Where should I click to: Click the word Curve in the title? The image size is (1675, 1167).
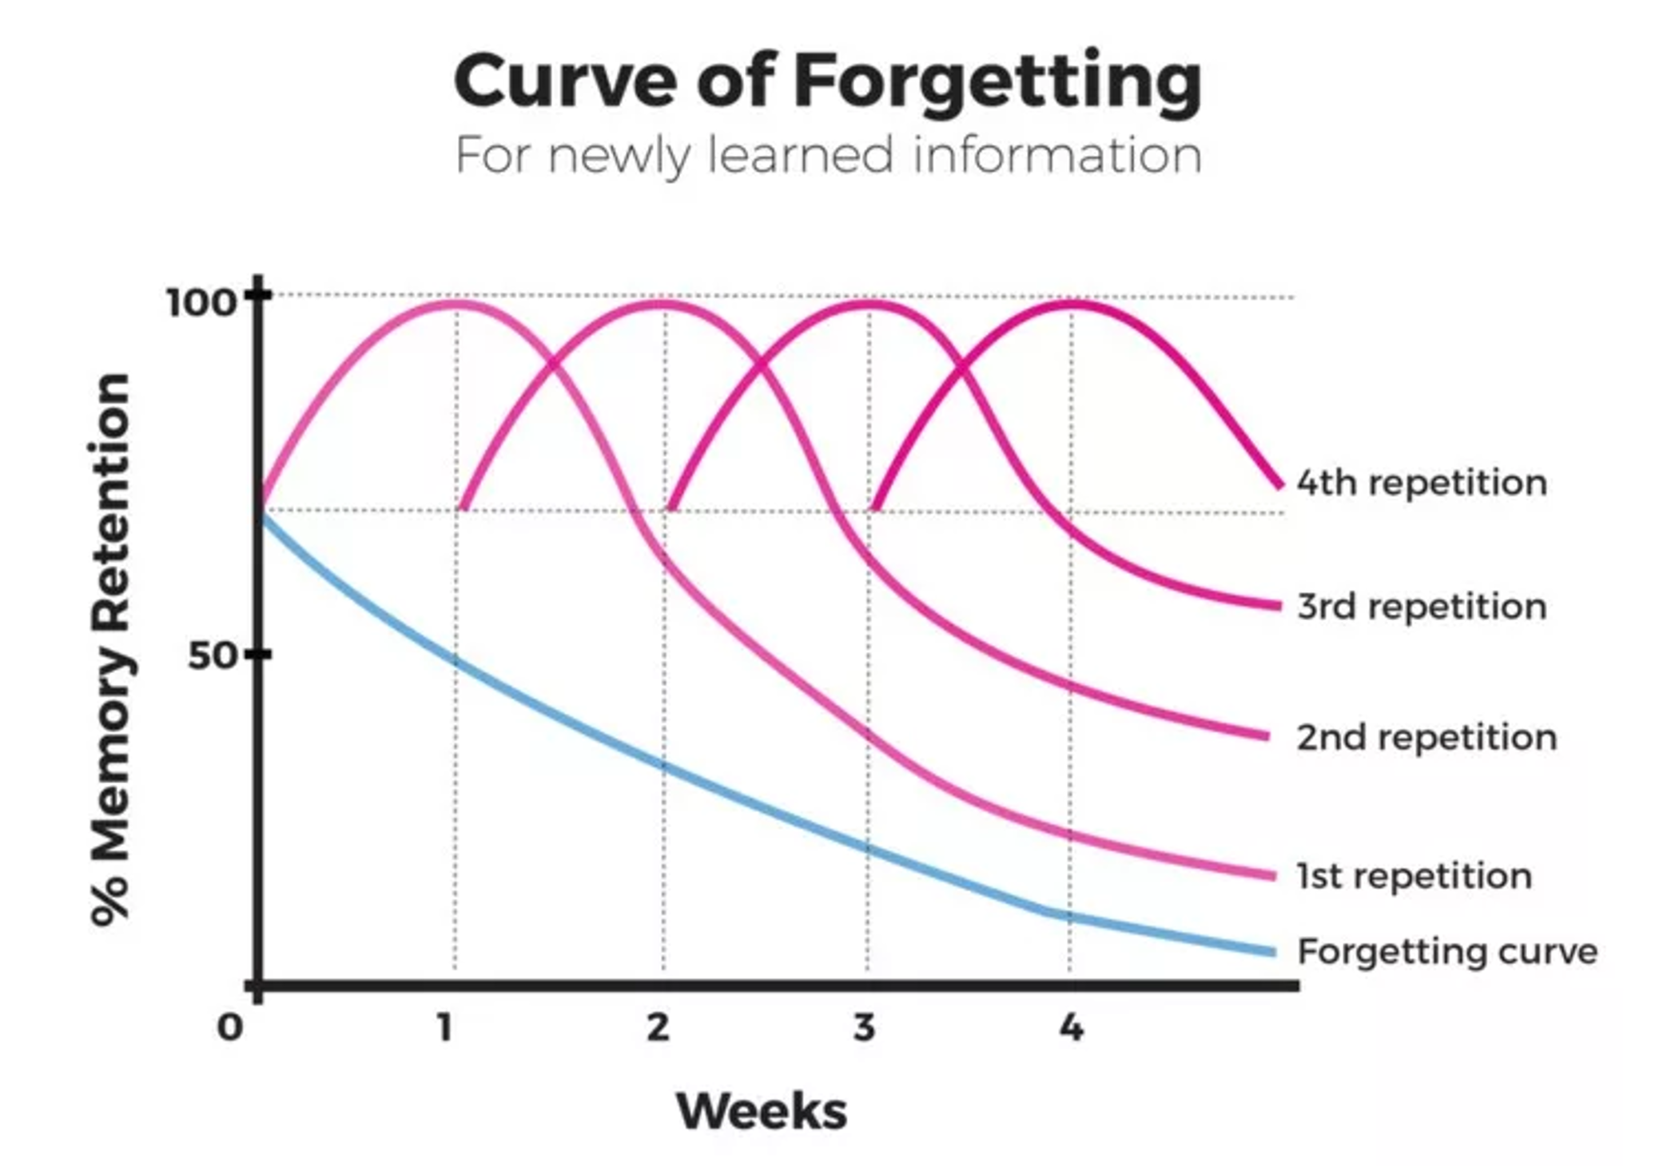(x=564, y=82)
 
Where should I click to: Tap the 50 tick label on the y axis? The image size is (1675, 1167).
(x=213, y=655)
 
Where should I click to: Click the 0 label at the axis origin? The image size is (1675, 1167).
(x=230, y=1027)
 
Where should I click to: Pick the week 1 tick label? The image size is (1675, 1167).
(x=445, y=1027)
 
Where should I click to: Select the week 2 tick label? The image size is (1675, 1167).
(x=658, y=1027)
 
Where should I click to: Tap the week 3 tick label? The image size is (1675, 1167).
(x=864, y=1027)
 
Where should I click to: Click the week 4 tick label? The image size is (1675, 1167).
(x=1072, y=1027)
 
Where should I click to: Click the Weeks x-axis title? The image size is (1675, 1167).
(x=761, y=1111)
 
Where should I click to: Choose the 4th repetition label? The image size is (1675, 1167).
(x=1422, y=483)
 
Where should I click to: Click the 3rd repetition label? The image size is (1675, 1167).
(x=1422, y=607)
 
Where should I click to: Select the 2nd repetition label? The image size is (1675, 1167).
(x=1426, y=737)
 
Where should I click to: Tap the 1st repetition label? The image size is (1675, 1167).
(x=1414, y=876)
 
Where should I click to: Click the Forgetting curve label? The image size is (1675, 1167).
(x=1446, y=951)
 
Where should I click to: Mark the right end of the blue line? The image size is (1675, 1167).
(x=1273, y=952)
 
